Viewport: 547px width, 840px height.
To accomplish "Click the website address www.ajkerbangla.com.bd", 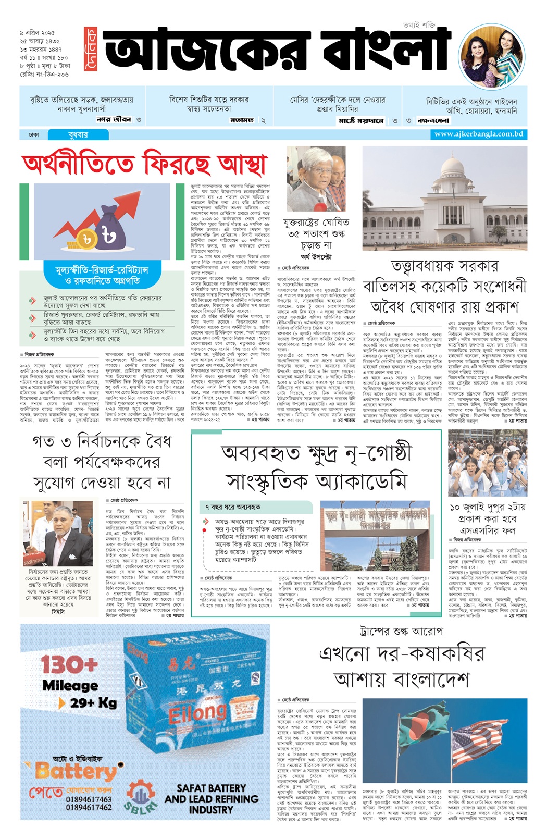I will (478, 134).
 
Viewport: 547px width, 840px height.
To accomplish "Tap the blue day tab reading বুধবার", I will (78, 135).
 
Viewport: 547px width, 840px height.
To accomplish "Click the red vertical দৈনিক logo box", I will (91, 50).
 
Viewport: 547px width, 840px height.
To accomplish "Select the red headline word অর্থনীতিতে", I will (79, 164).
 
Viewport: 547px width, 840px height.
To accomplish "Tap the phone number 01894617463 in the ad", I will (89, 799).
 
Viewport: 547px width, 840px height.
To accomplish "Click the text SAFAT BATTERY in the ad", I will (211, 788).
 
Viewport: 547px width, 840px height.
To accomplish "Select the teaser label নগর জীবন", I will (114, 119).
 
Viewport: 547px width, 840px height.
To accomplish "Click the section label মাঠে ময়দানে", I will (361, 121).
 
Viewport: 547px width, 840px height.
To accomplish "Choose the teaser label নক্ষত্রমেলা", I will (433, 121).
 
